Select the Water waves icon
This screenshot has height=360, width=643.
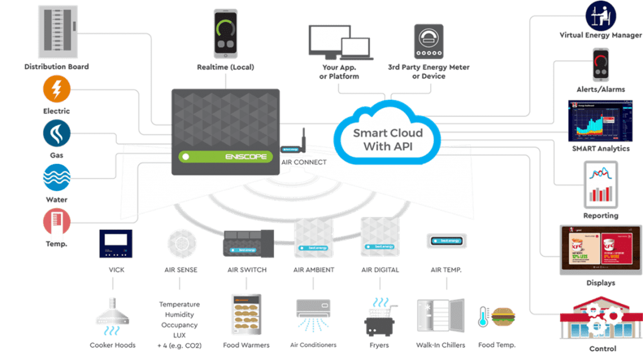57,177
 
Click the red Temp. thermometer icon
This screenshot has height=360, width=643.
57,222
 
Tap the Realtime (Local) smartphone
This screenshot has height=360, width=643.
225,35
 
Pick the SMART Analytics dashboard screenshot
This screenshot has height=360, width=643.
599,121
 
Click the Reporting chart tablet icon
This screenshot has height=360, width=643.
600,183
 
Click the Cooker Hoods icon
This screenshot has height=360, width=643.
112,315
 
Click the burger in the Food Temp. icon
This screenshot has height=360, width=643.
503,315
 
